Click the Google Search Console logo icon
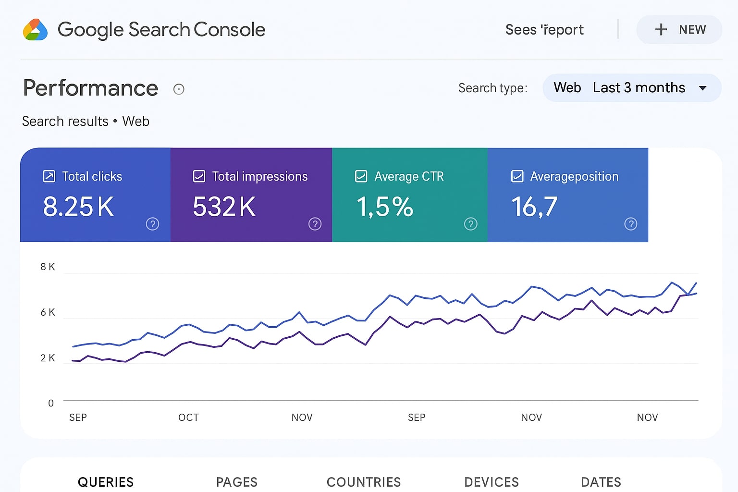coord(35,30)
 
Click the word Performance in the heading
coord(91,88)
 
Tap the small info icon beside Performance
coord(179,89)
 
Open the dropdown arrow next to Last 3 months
coord(702,88)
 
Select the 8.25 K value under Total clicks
coord(78,207)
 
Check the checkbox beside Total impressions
coord(199,176)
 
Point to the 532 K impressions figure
coord(224,207)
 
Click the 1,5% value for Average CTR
coord(384,207)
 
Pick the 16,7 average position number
coord(534,207)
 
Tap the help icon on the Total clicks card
coord(152,224)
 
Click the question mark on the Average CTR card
coord(470,224)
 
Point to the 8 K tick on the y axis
coord(48,267)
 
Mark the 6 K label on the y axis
coord(48,312)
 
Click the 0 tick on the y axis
coord(51,403)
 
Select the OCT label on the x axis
coord(188,418)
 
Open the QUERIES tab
coord(106,482)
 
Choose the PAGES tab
coord(237,482)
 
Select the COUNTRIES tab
coord(364,482)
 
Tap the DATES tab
coord(601,482)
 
